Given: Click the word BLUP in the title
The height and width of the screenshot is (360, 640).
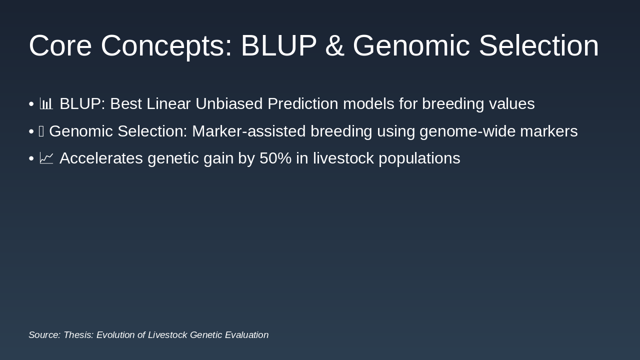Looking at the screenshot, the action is click(279, 45).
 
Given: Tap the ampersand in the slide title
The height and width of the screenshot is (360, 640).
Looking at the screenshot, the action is click(334, 45).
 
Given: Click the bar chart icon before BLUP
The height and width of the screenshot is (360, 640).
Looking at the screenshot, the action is click(46, 103).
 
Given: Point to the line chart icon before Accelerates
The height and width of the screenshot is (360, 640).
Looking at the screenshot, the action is click(46, 158).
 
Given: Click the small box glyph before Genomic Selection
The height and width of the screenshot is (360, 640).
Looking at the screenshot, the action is click(41, 131).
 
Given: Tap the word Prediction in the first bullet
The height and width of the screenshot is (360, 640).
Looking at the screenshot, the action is click(303, 103).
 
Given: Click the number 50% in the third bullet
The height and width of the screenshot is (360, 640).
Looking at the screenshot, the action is click(275, 158).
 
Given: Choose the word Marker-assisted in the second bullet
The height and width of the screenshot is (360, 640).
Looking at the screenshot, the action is click(249, 131).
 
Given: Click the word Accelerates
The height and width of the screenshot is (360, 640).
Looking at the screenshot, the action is click(101, 158).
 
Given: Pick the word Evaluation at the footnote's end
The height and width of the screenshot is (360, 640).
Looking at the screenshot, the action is click(247, 334).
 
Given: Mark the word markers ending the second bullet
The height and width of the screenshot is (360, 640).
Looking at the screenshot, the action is click(549, 131).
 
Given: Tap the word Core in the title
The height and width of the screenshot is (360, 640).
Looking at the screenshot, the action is click(60, 45).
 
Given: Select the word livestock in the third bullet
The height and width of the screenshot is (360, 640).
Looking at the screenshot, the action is click(343, 158).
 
